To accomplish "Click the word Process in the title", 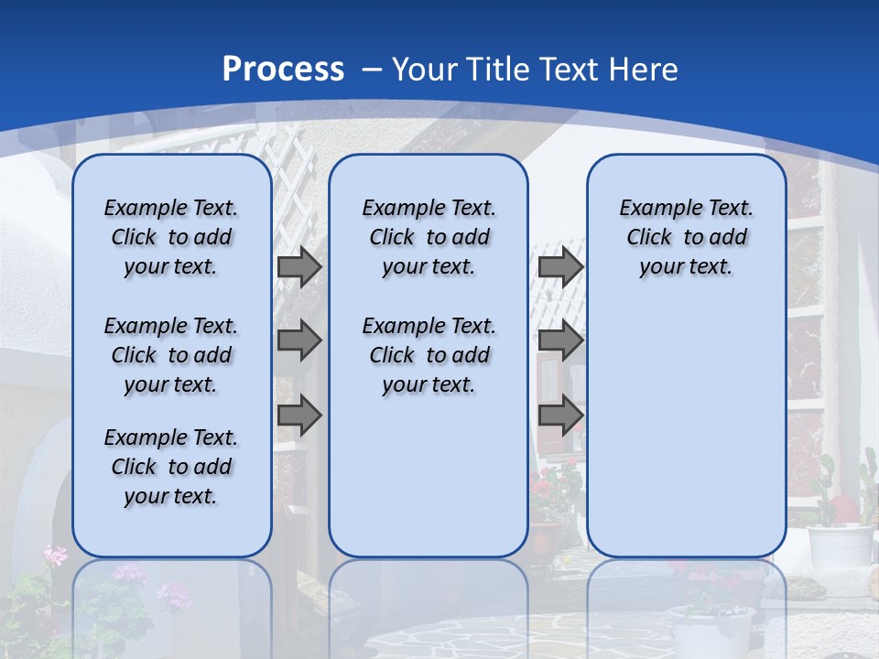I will tap(283, 69).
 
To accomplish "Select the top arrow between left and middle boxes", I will tap(299, 266).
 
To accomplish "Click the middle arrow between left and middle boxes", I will tap(299, 340).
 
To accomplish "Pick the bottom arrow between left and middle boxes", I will tap(299, 415).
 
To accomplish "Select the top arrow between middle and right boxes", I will tap(560, 266).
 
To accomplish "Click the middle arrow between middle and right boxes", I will tap(560, 340).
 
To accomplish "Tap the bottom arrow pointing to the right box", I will tap(560, 415).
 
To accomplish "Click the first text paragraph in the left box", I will tap(171, 237).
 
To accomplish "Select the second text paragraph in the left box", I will tap(171, 355).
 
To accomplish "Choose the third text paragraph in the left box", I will tap(171, 467).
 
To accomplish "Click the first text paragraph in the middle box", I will tap(429, 237).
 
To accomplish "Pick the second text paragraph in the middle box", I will tap(429, 355).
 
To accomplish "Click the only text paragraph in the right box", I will tap(686, 237).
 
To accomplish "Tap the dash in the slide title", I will tap(372, 70).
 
